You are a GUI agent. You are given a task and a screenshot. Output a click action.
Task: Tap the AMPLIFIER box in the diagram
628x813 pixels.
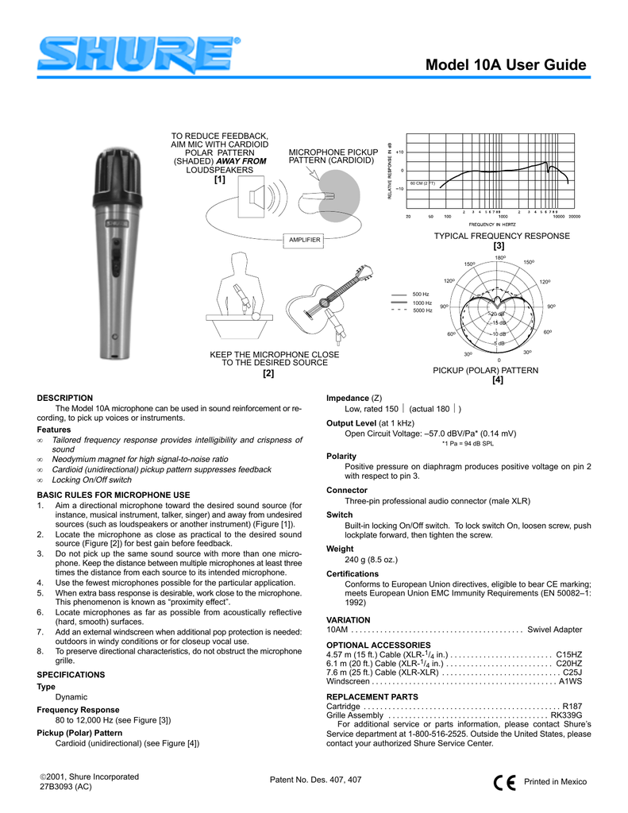[305, 239]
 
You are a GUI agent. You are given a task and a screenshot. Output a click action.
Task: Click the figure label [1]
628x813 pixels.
[220, 179]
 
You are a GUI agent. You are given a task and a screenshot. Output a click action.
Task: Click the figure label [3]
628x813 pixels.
[499, 246]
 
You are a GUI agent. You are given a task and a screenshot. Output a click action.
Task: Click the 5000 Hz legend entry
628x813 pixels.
[421, 310]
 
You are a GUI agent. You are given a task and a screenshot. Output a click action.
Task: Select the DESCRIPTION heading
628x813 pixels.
[65, 398]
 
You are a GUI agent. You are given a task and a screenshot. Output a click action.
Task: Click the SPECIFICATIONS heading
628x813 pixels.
[71, 674]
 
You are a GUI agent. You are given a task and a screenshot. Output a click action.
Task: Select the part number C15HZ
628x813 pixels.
[569, 653]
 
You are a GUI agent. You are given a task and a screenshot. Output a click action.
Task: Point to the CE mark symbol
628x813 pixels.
[503, 782]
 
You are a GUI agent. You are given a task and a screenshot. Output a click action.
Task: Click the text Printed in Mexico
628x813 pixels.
[555, 782]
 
